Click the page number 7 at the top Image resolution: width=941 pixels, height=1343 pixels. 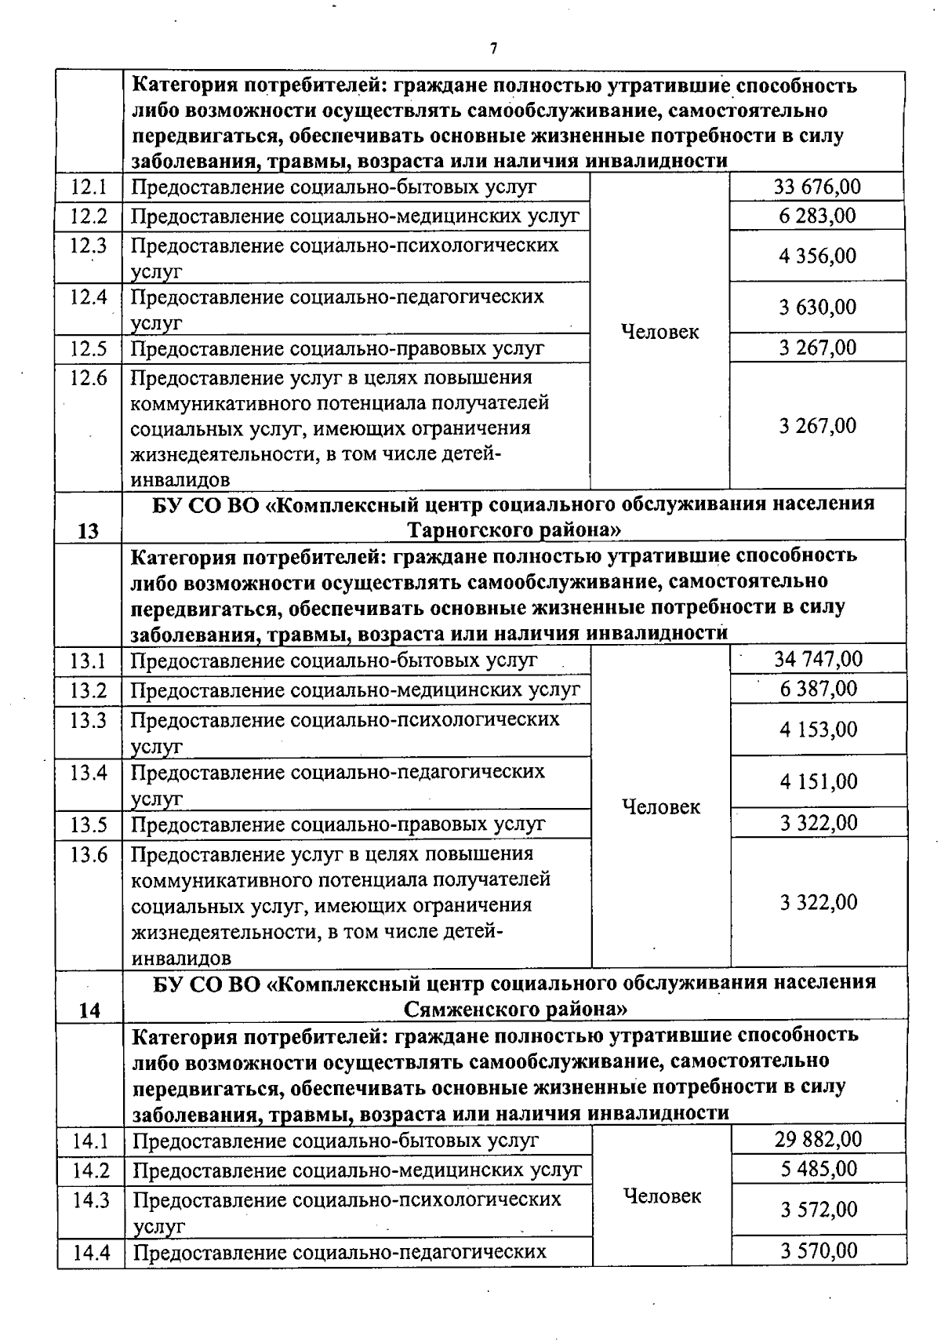(493, 49)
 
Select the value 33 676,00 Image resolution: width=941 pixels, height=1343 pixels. (817, 187)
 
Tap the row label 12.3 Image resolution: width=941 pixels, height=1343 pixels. (89, 246)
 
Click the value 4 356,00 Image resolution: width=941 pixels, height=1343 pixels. (817, 256)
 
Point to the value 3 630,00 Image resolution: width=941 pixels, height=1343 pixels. (817, 308)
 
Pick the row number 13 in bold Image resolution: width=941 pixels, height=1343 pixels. (89, 531)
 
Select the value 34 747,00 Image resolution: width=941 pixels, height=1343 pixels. (818, 659)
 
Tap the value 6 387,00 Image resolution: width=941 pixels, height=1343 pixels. (818, 689)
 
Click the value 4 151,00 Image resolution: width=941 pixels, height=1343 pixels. (818, 781)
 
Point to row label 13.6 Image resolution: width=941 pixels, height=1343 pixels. (89, 854)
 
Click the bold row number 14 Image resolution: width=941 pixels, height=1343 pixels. (89, 1010)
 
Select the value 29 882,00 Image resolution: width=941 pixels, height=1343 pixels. (819, 1139)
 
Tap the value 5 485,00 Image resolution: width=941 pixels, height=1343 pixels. (819, 1169)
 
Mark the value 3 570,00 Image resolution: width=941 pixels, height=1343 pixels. (819, 1250)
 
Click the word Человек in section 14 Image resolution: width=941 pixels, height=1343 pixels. (662, 1196)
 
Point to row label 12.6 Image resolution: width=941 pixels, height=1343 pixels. (89, 378)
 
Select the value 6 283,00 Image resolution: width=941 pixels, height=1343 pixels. (817, 216)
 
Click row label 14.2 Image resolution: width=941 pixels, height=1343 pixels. (90, 1170)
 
